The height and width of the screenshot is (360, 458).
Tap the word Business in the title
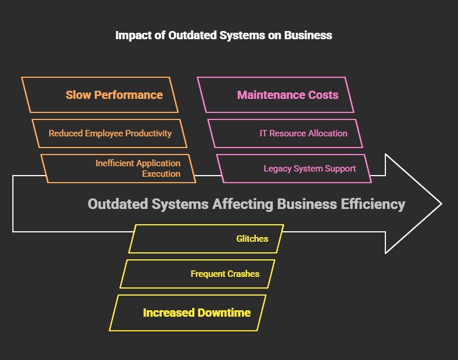[308, 35]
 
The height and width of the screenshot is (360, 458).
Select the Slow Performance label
[114, 95]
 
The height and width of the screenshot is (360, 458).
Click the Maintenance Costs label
[288, 95]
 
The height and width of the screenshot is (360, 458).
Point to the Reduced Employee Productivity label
[110, 133]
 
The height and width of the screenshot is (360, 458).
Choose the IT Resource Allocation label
[303, 133]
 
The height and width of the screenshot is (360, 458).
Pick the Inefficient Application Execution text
[138, 169]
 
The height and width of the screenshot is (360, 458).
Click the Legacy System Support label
[310, 169]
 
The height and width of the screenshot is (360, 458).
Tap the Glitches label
[252, 239]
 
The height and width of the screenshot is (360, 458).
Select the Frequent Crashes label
[225, 274]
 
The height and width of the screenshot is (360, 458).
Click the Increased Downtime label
[197, 313]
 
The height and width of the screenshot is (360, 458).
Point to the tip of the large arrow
[440, 204]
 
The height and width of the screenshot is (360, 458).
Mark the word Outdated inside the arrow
[116, 204]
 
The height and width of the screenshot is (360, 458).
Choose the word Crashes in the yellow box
[243, 274]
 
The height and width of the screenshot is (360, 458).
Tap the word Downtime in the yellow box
[224, 313]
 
